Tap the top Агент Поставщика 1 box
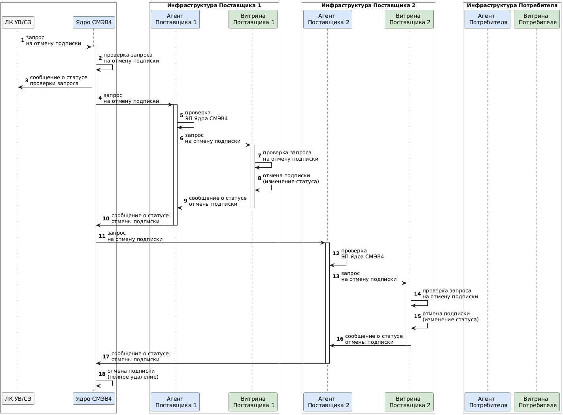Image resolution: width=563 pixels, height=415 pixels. pos(175,19)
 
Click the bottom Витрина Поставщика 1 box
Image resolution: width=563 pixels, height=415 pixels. pos(253,402)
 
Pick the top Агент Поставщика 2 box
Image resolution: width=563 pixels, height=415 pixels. pos(327,19)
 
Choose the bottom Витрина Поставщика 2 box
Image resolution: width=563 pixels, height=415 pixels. pos(409,402)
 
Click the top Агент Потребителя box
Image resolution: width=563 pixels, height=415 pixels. pos(487,19)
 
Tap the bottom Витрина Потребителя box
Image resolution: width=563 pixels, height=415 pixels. pos(537,402)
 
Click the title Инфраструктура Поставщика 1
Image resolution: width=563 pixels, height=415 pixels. pos(214,6)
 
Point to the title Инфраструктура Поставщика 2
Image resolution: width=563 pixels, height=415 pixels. pos(368,6)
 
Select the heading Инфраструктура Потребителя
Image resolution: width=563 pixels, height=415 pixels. pos(512,6)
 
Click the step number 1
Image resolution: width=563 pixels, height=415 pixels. pos(23,40)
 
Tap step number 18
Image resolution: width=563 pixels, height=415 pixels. pos(102,374)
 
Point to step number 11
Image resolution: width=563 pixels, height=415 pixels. pos(102,236)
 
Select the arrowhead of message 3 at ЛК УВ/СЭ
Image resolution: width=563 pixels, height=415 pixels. pos(20,87)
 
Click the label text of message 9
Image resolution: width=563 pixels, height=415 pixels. pos(217,201)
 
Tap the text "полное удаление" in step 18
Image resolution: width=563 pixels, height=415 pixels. pos(133,377)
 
